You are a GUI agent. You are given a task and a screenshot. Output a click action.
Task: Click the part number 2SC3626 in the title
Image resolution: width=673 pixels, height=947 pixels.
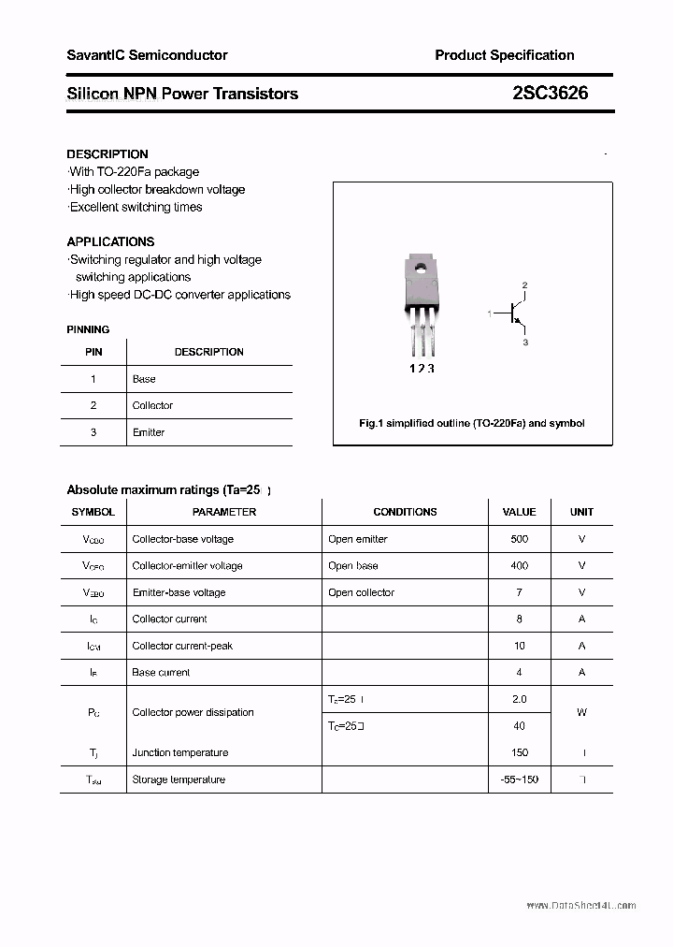click(550, 94)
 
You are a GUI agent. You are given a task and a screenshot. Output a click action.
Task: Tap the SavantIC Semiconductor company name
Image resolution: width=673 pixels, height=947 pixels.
click(147, 55)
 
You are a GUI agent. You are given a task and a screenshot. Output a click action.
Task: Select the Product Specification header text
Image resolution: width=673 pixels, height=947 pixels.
click(504, 55)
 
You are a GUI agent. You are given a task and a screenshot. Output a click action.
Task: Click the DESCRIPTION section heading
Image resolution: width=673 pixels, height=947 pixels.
click(107, 153)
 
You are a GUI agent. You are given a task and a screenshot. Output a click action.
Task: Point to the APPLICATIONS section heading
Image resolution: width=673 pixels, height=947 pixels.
click(110, 241)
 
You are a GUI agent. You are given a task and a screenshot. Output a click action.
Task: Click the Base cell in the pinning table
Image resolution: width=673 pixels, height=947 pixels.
click(144, 379)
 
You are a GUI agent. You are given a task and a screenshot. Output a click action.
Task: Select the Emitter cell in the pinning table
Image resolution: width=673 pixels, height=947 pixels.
click(149, 432)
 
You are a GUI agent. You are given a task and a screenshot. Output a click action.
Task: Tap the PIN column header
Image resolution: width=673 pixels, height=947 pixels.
click(93, 352)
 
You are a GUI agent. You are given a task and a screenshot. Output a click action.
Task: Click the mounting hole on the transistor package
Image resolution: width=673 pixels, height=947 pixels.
click(420, 269)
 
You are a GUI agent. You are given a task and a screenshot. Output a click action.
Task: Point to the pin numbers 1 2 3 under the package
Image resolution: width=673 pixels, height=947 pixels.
click(422, 369)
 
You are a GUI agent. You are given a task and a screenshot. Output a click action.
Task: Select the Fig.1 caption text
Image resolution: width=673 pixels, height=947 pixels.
click(472, 423)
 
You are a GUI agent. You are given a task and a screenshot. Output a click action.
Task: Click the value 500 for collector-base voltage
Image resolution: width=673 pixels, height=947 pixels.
click(519, 539)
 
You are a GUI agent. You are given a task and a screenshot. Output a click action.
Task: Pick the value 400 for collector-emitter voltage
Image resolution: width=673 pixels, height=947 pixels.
click(519, 565)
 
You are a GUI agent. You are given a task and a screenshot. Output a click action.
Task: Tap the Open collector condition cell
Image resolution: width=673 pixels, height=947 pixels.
click(361, 592)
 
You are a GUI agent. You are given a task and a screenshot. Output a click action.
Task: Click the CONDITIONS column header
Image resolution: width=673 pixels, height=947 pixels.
click(405, 512)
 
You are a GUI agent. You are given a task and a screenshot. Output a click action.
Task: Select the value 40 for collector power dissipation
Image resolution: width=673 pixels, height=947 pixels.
click(519, 725)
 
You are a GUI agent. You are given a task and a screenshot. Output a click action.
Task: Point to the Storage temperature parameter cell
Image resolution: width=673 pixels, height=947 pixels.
click(179, 779)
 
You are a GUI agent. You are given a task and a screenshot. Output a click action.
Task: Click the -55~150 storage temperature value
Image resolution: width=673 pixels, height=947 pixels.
click(519, 779)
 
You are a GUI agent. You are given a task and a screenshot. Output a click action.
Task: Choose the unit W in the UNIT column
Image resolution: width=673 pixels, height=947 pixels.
click(581, 712)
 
